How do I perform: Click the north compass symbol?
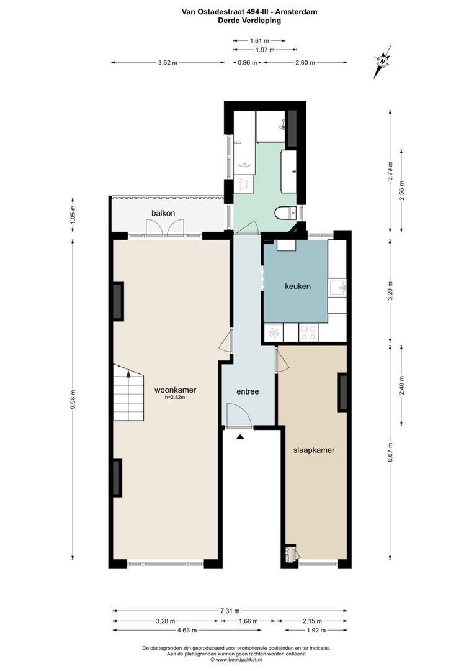click(x=383, y=62)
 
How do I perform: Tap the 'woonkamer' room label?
click(x=176, y=390)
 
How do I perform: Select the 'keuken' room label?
click(x=297, y=286)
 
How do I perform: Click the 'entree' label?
click(x=248, y=391)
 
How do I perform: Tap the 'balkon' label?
click(x=163, y=213)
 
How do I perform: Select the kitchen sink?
click(x=337, y=287)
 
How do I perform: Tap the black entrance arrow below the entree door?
click(x=241, y=437)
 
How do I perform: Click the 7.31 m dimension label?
click(x=228, y=611)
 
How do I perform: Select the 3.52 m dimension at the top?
click(x=168, y=63)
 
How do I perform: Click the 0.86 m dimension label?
click(x=248, y=63)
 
